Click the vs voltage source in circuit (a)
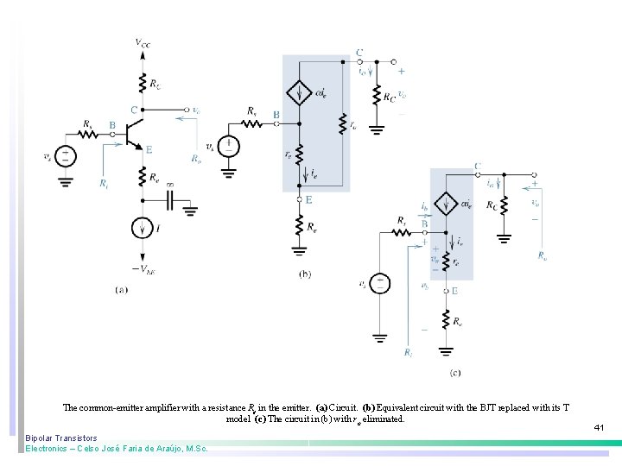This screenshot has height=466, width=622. pyautogui.click(x=66, y=156)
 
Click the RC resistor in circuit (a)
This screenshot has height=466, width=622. pyautogui.click(x=142, y=84)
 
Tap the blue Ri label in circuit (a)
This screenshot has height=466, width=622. pyautogui.click(x=104, y=184)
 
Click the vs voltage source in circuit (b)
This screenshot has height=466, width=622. pyautogui.click(x=229, y=147)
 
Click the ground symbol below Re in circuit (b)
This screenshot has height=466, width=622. pyautogui.click(x=299, y=251)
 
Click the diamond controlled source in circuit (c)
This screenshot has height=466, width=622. pyautogui.click(x=447, y=205)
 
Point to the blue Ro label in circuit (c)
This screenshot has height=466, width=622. pyautogui.click(x=541, y=255)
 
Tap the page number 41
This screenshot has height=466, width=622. pyautogui.click(x=599, y=426)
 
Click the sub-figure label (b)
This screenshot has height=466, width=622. pyautogui.click(x=305, y=274)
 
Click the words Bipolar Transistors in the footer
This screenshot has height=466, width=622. pyautogui.click(x=61, y=438)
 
